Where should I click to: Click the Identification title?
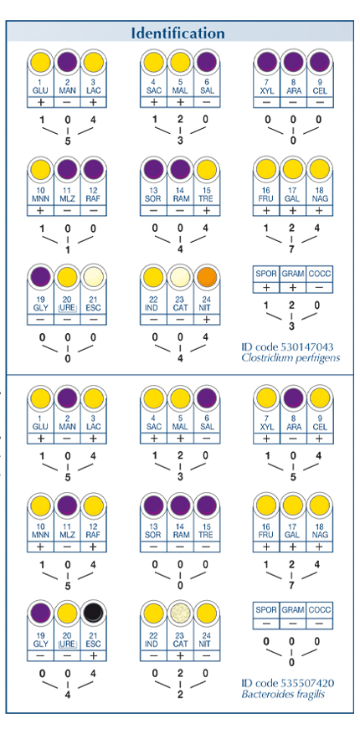click(x=177, y=33)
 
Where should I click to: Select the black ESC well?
click(x=94, y=612)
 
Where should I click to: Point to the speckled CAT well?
click(x=180, y=612)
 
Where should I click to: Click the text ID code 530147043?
click(x=287, y=346)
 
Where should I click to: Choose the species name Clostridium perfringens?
click(x=291, y=358)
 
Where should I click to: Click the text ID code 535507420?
click(x=287, y=683)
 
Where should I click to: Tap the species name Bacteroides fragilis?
click(x=282, y=694)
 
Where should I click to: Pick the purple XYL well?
click(x=267, y=61)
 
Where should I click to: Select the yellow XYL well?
click(x=267, y=398)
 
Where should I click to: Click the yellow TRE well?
click(x=207, y=169)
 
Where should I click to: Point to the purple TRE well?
click(x=207, y=506)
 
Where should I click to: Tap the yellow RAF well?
click(x=94, y=506)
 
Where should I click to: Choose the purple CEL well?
click(x=320, y=61)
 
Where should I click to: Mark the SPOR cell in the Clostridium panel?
click(x=266, y=274)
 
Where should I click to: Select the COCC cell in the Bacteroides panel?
click(x=320, y=610)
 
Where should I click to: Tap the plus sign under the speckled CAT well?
click(x=180, y=656)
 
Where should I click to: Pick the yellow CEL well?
click(x=320, y=398)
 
